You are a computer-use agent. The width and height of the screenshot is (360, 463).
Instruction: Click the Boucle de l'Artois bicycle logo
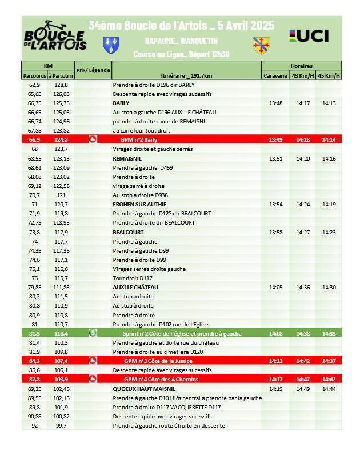click(x=55, y=36)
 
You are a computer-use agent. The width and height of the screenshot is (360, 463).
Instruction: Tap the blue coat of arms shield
click(x=111, y=43)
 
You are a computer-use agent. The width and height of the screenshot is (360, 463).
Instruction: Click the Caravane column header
click(x=275, y=75)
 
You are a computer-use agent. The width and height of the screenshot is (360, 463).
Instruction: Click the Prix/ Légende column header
click(x=93, y=70)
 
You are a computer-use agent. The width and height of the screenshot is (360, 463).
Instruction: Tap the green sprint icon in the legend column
click(x=93, y=333)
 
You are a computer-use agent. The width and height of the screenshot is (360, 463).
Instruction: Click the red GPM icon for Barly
click(x=93, y=139)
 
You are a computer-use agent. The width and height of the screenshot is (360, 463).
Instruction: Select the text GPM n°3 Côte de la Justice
click(x=158, y=361)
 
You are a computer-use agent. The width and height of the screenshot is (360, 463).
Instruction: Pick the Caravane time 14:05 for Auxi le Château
click(x=275, y=287)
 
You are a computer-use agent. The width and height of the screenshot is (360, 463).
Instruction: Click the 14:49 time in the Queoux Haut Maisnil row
click(x=303, y=389)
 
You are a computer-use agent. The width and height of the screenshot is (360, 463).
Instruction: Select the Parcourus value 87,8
click(x=34, y=379)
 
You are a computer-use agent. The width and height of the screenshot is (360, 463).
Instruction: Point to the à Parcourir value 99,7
click(x=61, y=425)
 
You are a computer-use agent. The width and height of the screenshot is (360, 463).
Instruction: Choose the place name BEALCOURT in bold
click(x=127, y=232)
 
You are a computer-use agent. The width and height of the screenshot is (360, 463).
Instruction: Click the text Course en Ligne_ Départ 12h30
click(x=181, y=55)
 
